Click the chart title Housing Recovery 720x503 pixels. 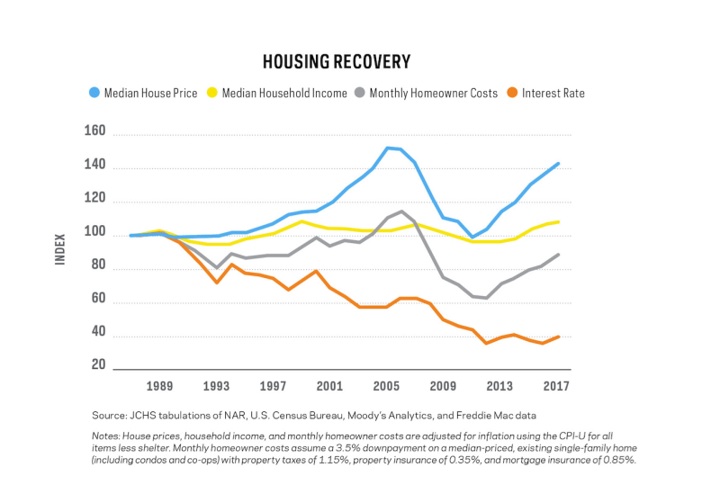click(337, 62)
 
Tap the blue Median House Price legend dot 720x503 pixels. click(94, 93)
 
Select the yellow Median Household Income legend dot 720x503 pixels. click(211, 93)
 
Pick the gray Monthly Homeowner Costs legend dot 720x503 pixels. click(359, 93)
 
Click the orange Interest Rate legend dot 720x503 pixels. click(512, 93)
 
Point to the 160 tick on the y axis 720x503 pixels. click(95, 130)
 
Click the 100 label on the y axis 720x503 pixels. click(95, 231)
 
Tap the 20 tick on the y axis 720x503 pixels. click(98, 364)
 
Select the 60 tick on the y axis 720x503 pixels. click(98, 299)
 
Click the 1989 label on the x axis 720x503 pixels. click(159, 386)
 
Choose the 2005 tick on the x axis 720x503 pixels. click(386, 386)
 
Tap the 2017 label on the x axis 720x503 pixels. click(556, 386)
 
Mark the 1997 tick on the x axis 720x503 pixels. click(273, 386)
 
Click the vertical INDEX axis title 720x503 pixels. click(60, 249)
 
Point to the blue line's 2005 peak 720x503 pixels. click(387, 148)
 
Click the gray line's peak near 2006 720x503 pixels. click(401, 211)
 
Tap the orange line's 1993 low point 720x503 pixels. click(217, 283)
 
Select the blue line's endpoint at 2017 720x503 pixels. click(558, 164)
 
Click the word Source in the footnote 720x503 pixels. click(108, 416)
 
